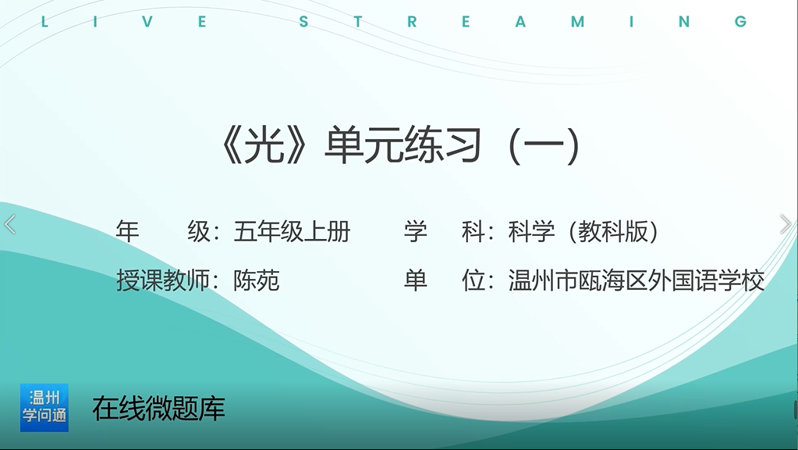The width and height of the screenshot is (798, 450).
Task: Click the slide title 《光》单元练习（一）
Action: click(400, 146)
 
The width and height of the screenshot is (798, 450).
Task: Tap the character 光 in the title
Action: click(264, 146)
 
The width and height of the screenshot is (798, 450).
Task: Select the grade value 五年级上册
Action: click(292, 232)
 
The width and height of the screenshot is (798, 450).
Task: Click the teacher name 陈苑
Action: click(257, 280)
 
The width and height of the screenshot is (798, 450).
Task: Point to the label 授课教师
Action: click(163, 280)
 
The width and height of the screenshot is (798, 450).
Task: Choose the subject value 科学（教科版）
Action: click(583, 232)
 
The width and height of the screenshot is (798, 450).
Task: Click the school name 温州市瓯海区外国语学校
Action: click(637, 280)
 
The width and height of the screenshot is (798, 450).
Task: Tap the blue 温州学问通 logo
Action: click(44, 408)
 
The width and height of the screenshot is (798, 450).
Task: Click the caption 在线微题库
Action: click(158, 409)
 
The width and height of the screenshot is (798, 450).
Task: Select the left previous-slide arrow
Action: click(9, 224)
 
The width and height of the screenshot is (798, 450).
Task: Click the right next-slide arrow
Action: click(786, 224)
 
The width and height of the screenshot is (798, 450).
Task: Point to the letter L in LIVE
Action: click(44, 21)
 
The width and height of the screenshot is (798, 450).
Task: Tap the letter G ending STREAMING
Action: click(740, 21)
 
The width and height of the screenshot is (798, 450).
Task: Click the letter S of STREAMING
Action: click(303, 21)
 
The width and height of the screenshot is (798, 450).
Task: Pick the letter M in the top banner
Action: click(577, 21)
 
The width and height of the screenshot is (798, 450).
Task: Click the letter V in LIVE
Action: click(147, 21)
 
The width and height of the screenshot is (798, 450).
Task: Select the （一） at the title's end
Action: click(544, 146)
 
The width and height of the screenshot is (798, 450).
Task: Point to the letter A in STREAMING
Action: click(520, 21)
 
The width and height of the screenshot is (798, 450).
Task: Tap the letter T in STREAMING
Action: click(358, 21)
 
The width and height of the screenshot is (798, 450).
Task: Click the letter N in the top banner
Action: click(684, 21)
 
